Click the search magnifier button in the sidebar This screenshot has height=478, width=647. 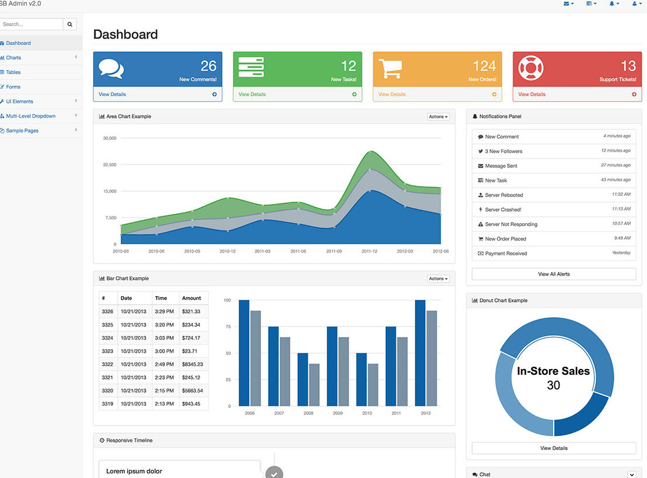[70, 24]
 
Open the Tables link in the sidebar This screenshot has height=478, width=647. [13, 72]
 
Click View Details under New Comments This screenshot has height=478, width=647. [112, 94]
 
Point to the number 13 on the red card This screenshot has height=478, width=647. [628, 66]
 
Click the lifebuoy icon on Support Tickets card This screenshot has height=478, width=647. [530, 68]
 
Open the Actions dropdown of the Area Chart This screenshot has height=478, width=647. [438, 117]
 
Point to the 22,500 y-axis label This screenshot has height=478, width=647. [110, 165]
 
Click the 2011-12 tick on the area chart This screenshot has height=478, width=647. [370, 251]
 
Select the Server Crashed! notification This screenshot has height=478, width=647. [503, 210]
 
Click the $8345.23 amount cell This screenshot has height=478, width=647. [192, 364]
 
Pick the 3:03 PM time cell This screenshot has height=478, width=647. [164, 338]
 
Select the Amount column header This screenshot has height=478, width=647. [191, 298]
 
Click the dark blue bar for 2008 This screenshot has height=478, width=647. [303, 379]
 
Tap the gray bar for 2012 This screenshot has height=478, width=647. [431, 358]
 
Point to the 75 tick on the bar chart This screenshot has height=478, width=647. [228, 327]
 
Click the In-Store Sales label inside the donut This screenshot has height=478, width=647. [553, 371]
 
